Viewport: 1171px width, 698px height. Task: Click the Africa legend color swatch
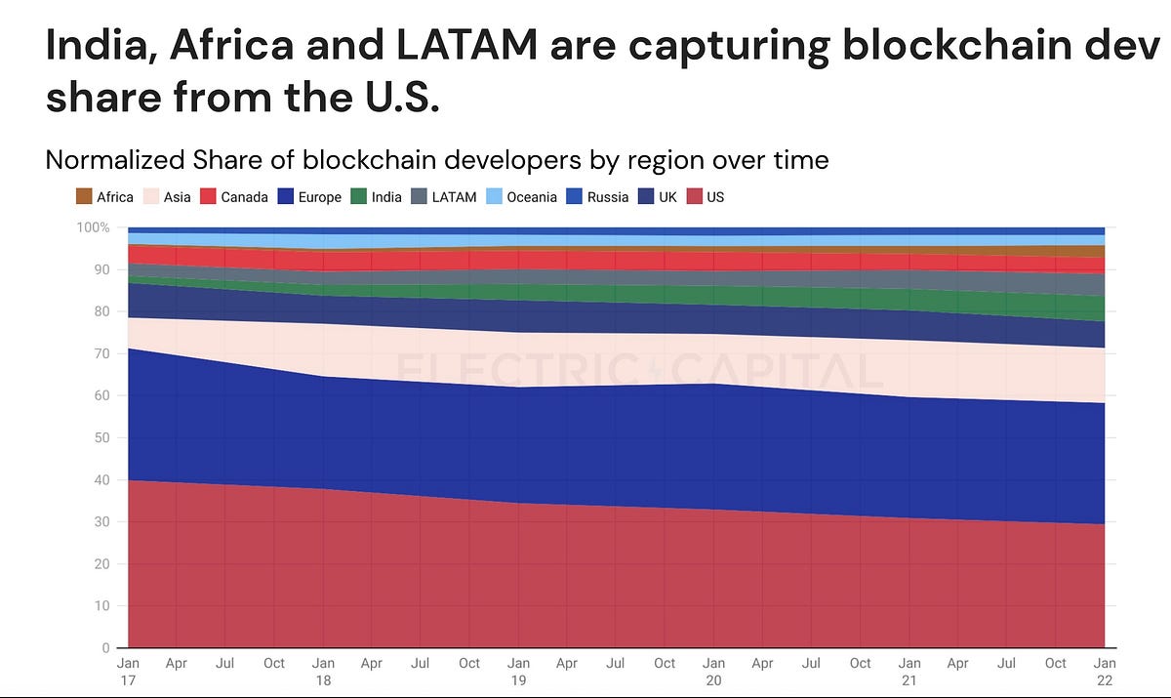coord(84,196)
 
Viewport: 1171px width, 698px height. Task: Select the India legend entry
coord(377,196)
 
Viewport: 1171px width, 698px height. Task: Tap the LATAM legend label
coord(455,197)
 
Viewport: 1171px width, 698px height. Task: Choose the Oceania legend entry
coord(521,196)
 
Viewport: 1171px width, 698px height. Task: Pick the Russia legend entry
coord(597,196)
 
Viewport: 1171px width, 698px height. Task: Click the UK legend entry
coord(658,196)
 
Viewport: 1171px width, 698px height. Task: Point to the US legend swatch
coord(694,196)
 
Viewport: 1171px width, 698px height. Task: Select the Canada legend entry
coord(234,196)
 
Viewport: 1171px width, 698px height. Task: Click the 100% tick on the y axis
coord(93,227)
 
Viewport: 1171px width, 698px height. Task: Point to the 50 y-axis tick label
coord(101,437)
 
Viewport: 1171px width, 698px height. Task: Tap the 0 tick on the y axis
coord(106,648)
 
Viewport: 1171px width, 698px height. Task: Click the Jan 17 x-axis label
coord(128,672)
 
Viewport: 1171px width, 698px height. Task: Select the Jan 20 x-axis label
coord(713,672)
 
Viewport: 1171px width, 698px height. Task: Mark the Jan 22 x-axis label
coord(1105,672)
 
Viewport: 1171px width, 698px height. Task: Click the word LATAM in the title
coord(466,45)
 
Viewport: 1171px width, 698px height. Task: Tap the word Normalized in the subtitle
coord(115,160)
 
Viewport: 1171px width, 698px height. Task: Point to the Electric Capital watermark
coord(639,369)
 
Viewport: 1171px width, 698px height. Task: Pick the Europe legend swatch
coord(285,196)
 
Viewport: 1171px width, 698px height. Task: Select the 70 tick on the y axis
coord(101,353)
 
